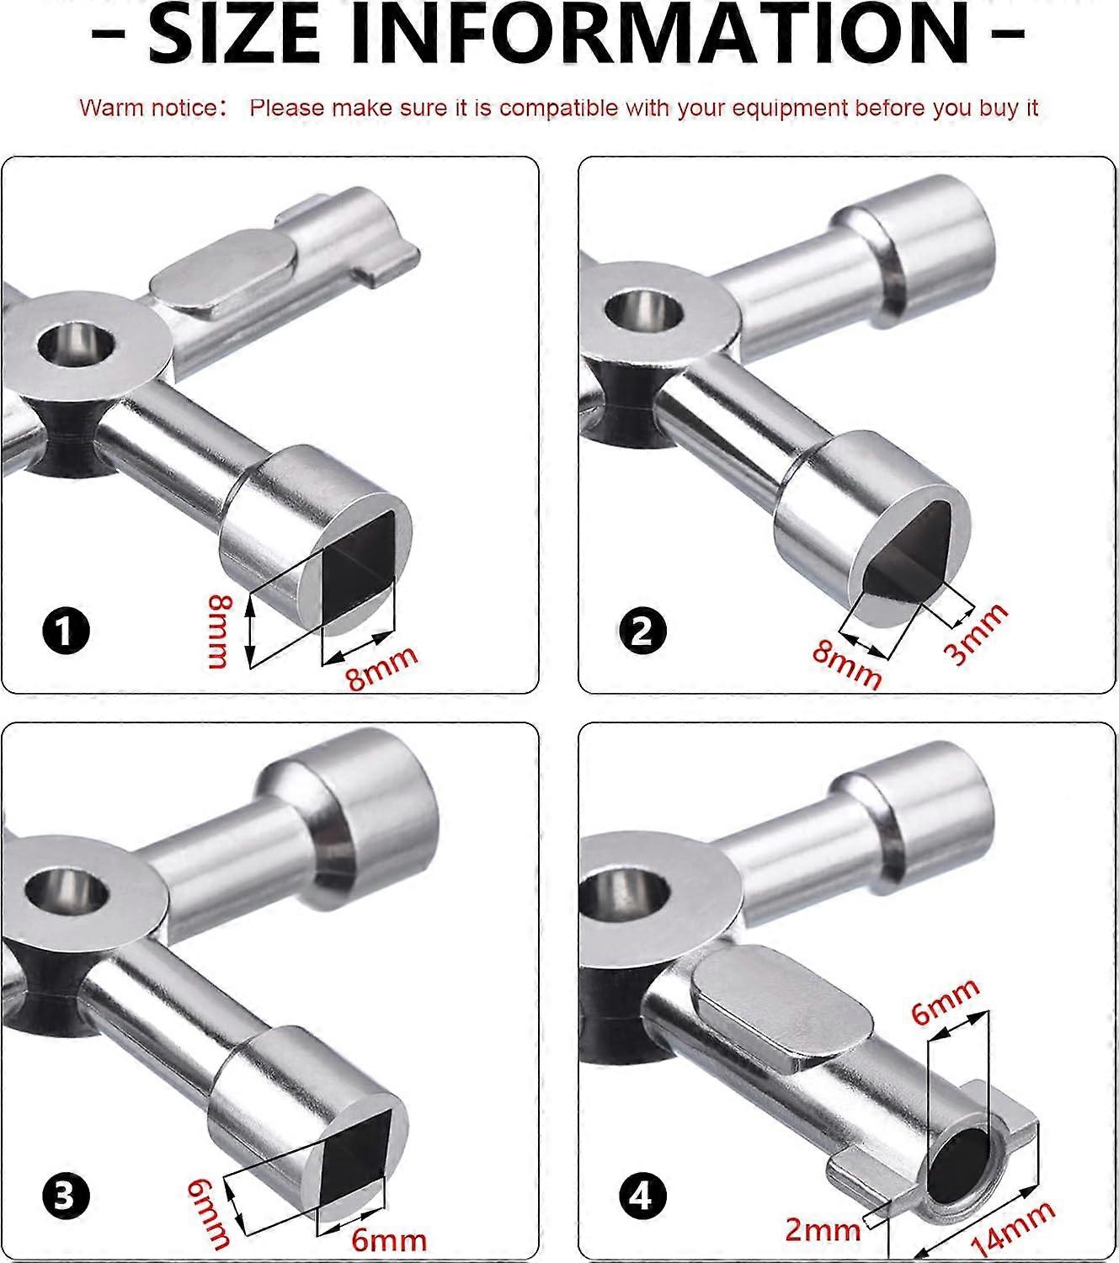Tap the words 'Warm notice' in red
point(148,108)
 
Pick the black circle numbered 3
point(66,1196)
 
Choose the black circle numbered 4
point(642,1196)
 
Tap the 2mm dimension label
point(823,1229)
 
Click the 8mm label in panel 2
point(847,666)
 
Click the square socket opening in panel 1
point(359,563)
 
